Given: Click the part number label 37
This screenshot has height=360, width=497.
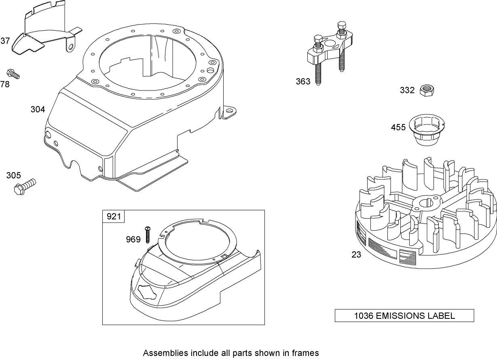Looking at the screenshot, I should (x=5, y=40).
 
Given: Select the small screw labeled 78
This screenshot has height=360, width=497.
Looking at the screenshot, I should (x=13, y=74).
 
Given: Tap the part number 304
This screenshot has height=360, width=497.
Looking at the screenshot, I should (x=38, y=109).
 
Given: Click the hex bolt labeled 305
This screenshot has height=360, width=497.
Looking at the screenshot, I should (x=25, y=186).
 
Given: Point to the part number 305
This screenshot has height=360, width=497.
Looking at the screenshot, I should (x=13, y=175).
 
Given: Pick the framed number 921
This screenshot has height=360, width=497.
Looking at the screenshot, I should (x=114, y=217).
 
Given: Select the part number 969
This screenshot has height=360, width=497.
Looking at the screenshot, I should (x=133, y=240).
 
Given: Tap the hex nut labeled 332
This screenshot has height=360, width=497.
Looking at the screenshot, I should (x=427, y=90).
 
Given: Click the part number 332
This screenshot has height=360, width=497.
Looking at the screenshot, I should (x=407, y=90).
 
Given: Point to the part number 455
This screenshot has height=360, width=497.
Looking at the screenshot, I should (x=398, y=128).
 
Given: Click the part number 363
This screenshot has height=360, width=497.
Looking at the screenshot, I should (x=303, y=82).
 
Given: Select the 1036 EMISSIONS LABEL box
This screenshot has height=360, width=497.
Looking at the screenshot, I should (x=404, y=316).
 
